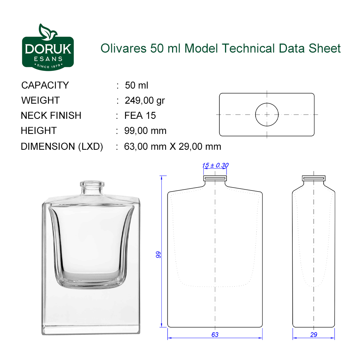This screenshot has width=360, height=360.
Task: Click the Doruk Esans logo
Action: click(x=48, y=47)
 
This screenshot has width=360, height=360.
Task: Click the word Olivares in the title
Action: click(x=123, y=49)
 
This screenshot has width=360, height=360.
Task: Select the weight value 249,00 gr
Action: click(x=145, y=100)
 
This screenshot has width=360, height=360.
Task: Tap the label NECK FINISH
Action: click(x=51, y=116)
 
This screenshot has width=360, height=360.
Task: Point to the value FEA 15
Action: click(x=140, y=116)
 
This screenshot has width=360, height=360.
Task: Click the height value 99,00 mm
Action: click(x=145, y=131)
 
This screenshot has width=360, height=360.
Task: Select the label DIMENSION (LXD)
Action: click(x=62, y=147)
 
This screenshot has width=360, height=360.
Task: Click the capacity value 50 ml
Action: click(x=136, y=85)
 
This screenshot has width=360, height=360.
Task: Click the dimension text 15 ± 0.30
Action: click(x=215, y=165)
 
